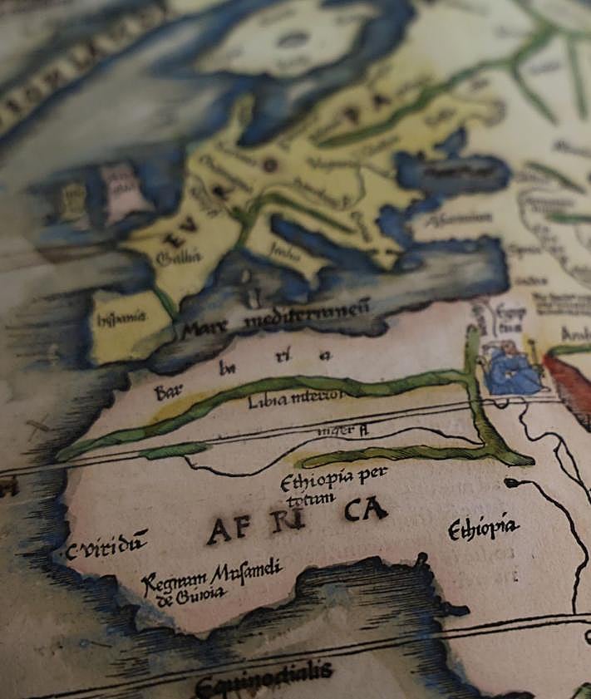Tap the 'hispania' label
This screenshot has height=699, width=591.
121,317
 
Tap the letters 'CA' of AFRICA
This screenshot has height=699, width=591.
365,509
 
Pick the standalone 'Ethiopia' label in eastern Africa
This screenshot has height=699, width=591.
483,528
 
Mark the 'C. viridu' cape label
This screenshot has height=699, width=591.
106,548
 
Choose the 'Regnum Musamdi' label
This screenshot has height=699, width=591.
212,576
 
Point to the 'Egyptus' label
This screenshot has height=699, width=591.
507,319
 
